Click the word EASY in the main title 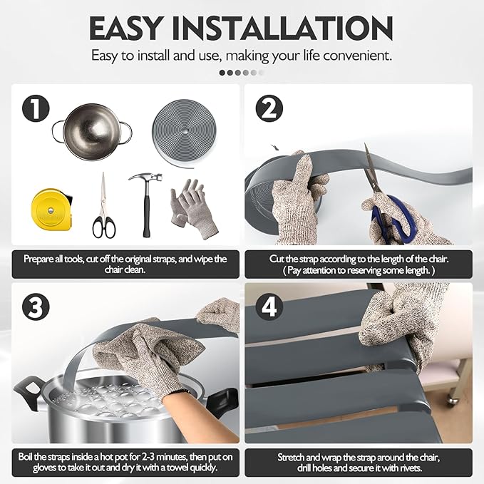tap(126, 28)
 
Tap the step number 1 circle tap(36, 108)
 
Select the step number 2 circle tap(269, 108)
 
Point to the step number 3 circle tap(36, 307)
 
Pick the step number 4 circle tap(269, 307)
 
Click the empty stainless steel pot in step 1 tap(92, 132)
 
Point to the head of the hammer tap(145, 178)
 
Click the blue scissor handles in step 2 tap(394, 220)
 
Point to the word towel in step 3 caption tap(176, 468)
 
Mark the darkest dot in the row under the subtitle tap(222, 73)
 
